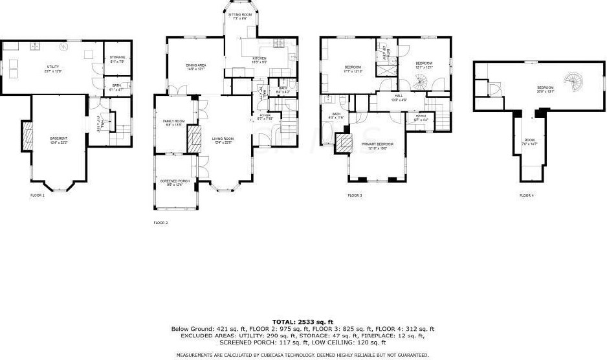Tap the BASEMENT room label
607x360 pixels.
point(59,139)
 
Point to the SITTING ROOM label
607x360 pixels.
point(240,16)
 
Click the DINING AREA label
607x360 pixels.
point(196,65)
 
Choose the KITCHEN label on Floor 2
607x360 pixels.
point(259,60)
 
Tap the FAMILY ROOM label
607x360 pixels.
point(173,122)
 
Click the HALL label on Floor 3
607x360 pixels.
point(398,97)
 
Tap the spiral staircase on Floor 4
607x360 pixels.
point(573,81)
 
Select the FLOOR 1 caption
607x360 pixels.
point(38,195)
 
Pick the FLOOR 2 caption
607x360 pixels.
point(160,223)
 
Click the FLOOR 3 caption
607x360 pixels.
point(355,195)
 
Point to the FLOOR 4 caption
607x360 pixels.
point(526,195)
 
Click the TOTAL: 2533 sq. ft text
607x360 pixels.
point(302,322)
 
